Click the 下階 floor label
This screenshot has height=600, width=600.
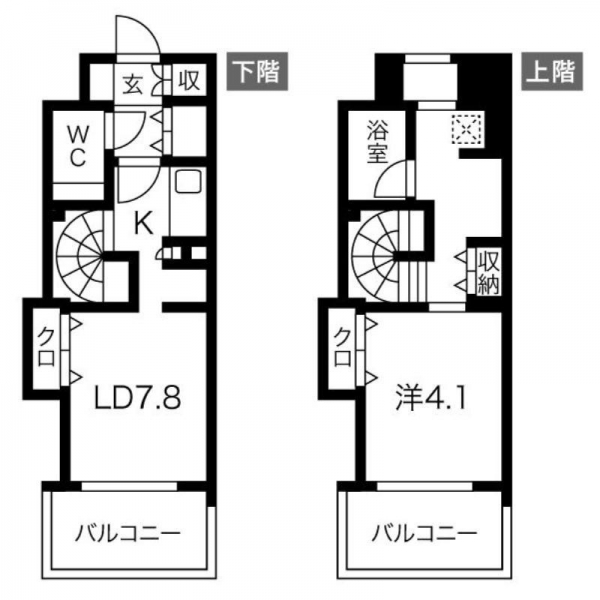257,72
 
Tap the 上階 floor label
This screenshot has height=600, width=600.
552,72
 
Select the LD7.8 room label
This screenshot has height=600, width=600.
138,398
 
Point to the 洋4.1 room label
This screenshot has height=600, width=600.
431,398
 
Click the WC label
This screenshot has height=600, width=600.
78,147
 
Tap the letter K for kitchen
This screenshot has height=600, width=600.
144,223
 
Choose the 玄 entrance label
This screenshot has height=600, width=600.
133,84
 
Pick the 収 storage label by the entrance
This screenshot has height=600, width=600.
189,81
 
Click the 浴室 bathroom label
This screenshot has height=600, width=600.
377,142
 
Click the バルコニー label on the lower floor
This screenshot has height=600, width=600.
127,533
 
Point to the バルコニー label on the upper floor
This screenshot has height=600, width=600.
424,533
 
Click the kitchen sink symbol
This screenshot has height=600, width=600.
188,181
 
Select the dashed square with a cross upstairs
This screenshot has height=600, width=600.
466,129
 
